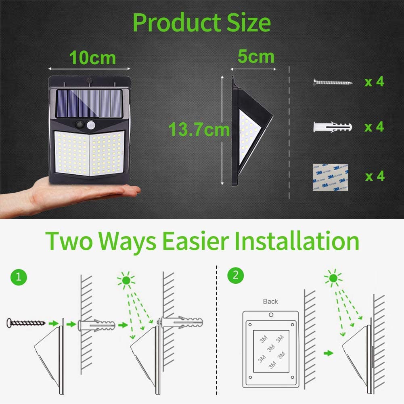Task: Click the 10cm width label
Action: [x=92, y=58]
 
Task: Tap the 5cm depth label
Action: [x=255, y=56]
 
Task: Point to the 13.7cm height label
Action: [x=199, y=130]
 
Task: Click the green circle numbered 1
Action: [x=19, y=277]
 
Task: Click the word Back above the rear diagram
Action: [x=270, y=301]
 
